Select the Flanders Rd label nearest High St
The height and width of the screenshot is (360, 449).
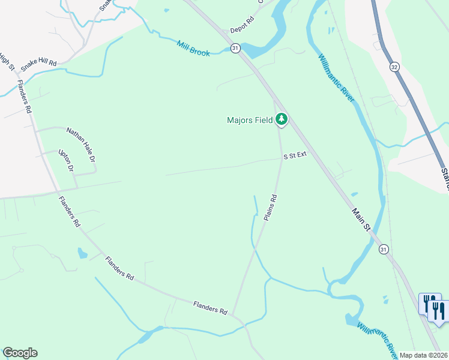[25, 97]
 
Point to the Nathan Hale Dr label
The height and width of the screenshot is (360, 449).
[81, 145]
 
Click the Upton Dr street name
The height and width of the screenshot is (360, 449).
[65, 161]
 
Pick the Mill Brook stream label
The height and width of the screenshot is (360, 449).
[193, 49]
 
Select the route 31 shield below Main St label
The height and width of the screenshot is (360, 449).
[384, 249]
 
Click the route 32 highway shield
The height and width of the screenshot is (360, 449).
[394, 66]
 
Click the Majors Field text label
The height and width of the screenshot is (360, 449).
[250, 120]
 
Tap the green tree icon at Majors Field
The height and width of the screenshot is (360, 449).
[282, 120]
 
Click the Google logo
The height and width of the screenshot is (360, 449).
[20, 353]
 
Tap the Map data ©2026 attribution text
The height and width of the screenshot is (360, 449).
[424, 355]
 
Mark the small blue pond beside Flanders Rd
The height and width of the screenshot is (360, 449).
[82, 253]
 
